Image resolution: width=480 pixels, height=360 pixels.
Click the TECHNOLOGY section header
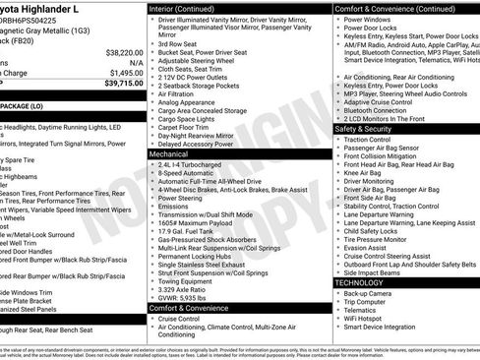[x=365, y=281]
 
